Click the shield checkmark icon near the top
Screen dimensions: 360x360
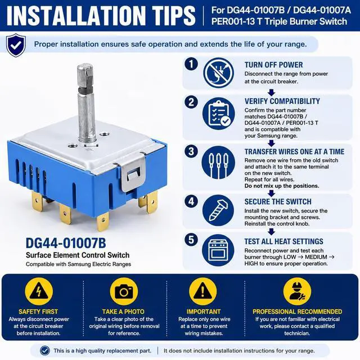coord(16,45)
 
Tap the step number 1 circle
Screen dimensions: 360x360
coord(191,64)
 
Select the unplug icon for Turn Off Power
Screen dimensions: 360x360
coord(219,73)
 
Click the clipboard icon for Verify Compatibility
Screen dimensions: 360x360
coord(219,114)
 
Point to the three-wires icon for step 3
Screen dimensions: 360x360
coord(218,163)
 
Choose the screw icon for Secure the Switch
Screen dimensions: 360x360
coord(218,210)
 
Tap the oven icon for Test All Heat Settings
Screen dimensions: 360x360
coord(218,250)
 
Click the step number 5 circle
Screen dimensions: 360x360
coord(191,240)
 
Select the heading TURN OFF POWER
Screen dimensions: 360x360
coord(273,65)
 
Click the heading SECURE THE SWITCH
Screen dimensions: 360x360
coord(278,202)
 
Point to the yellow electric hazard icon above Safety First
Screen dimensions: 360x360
coord(39,291)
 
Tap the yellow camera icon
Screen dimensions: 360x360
coord(124,291)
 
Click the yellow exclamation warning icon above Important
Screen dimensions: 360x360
coord(202,291)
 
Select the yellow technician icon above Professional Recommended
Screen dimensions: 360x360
coord(297,291)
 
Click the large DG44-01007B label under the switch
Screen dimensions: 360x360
coord(66,243)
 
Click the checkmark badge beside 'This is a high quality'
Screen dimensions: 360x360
coord(45,350)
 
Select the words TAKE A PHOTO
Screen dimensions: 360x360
coord(123,312)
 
